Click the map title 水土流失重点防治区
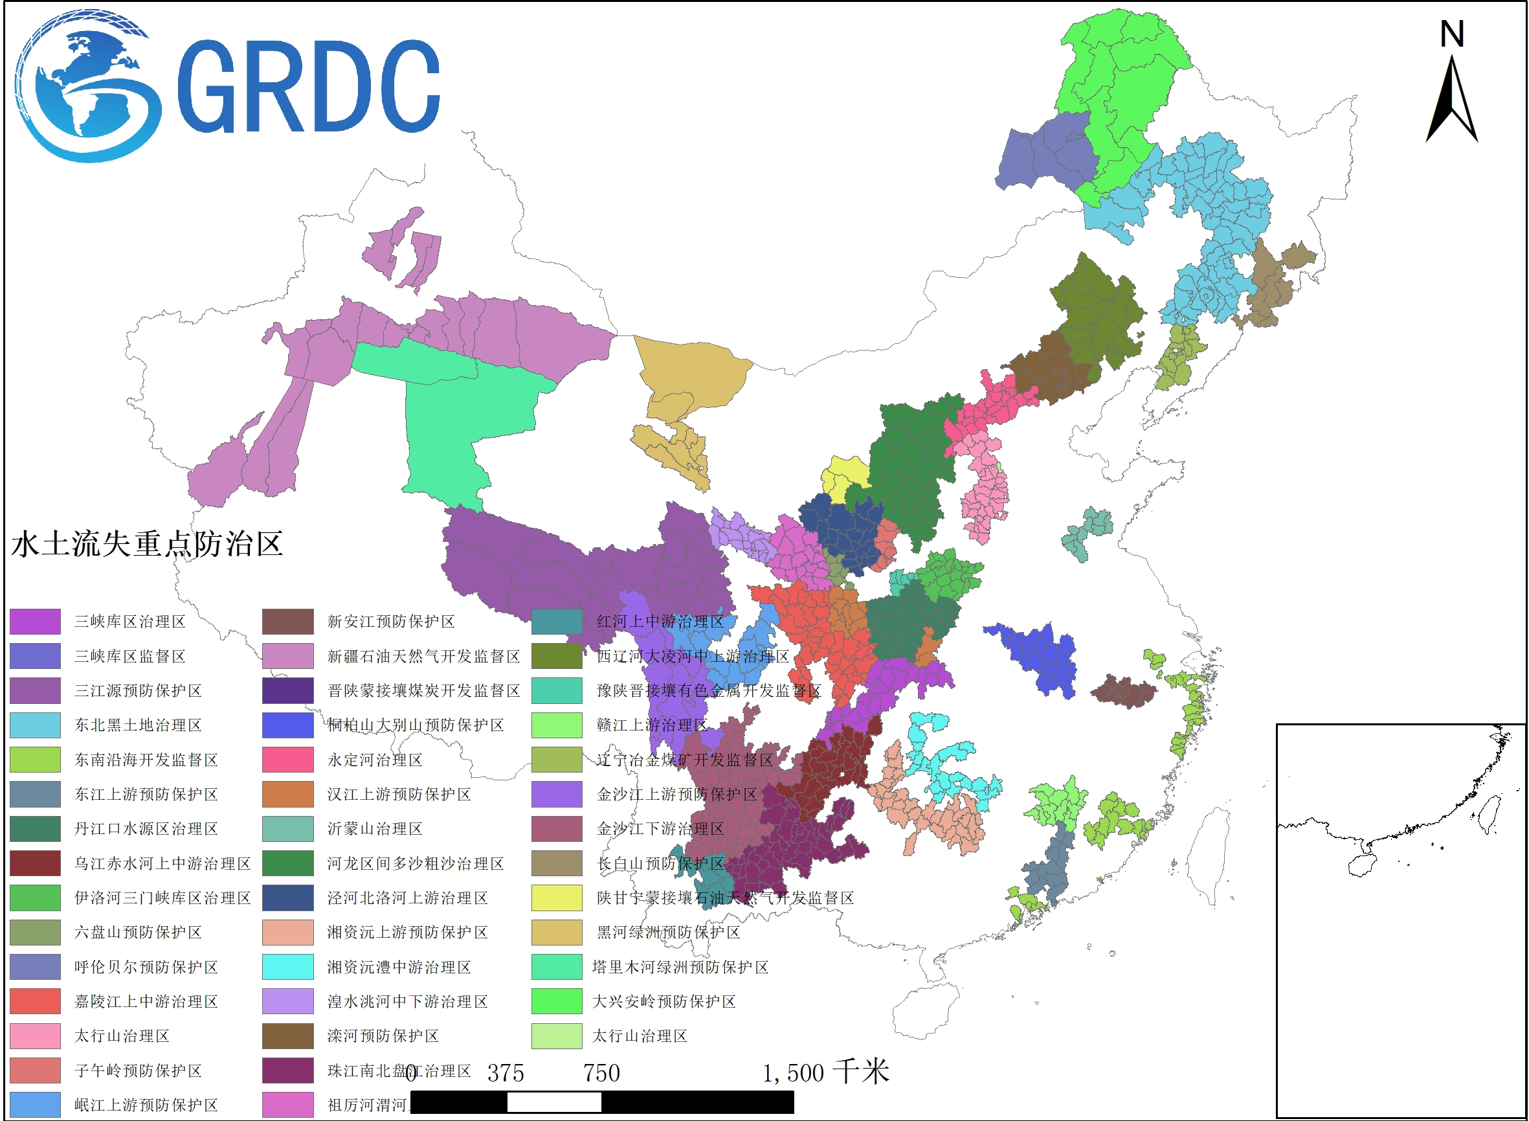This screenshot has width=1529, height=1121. pyautogui.click(x=146, y=544)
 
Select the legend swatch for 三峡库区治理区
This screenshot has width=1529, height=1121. pyautogui.click(x=34, y=622)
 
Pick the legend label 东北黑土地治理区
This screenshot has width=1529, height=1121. pyautogui.click(x=138, y=725)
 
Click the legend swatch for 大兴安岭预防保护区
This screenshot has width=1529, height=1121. pyautogui.click(x=556, y=1002)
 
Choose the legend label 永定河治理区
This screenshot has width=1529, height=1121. pyautogui.click(x=374, y=760)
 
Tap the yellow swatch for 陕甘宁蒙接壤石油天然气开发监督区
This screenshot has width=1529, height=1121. pyautogui.click(x=556, y=898)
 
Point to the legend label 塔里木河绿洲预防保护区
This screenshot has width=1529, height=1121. pyautogui.click(x=680, y=967)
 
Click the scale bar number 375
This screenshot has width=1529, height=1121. pyautogui.click(x=506, y=1073)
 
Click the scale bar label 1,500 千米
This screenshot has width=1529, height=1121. pyautogui.click(x=825, y=1073)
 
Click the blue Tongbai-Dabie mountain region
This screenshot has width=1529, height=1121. pyautogui.click(x=1038, y=658)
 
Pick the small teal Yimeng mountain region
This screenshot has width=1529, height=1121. pyautogui.click(x=1086, y=533)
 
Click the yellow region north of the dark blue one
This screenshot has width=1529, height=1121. pyautogui.click(x=845, y=475)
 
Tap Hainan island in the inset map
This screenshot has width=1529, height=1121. pyautogui.click(x=1360, y=865)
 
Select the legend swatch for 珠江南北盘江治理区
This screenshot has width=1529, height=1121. pyautogui.click(x=287, y=1070)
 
